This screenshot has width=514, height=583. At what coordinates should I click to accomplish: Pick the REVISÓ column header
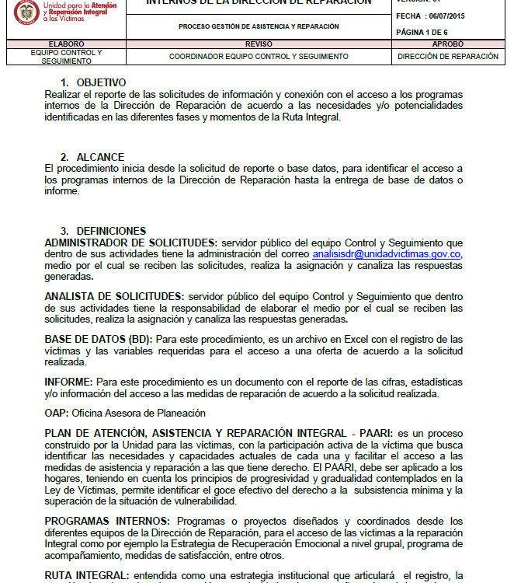(x=259, y=44)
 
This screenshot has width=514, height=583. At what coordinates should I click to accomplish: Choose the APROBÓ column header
(x=447, y=44)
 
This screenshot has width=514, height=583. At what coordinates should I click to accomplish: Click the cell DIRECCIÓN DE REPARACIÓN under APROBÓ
(x=447, y=57)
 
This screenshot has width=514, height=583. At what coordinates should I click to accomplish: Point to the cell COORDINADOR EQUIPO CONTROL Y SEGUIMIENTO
(x=259, y=57)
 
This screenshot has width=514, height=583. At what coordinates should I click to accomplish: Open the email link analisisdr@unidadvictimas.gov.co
(x=387, y=253)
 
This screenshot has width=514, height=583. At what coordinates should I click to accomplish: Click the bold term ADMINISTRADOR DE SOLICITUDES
(x=130, y=243)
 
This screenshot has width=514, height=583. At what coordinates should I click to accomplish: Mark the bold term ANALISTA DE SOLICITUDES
(x=114, y=296)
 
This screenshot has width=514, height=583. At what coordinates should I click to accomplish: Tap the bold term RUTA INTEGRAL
(x=86, y=574)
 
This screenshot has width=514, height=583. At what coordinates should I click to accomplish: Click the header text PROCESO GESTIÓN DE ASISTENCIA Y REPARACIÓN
(x=259, y=26)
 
